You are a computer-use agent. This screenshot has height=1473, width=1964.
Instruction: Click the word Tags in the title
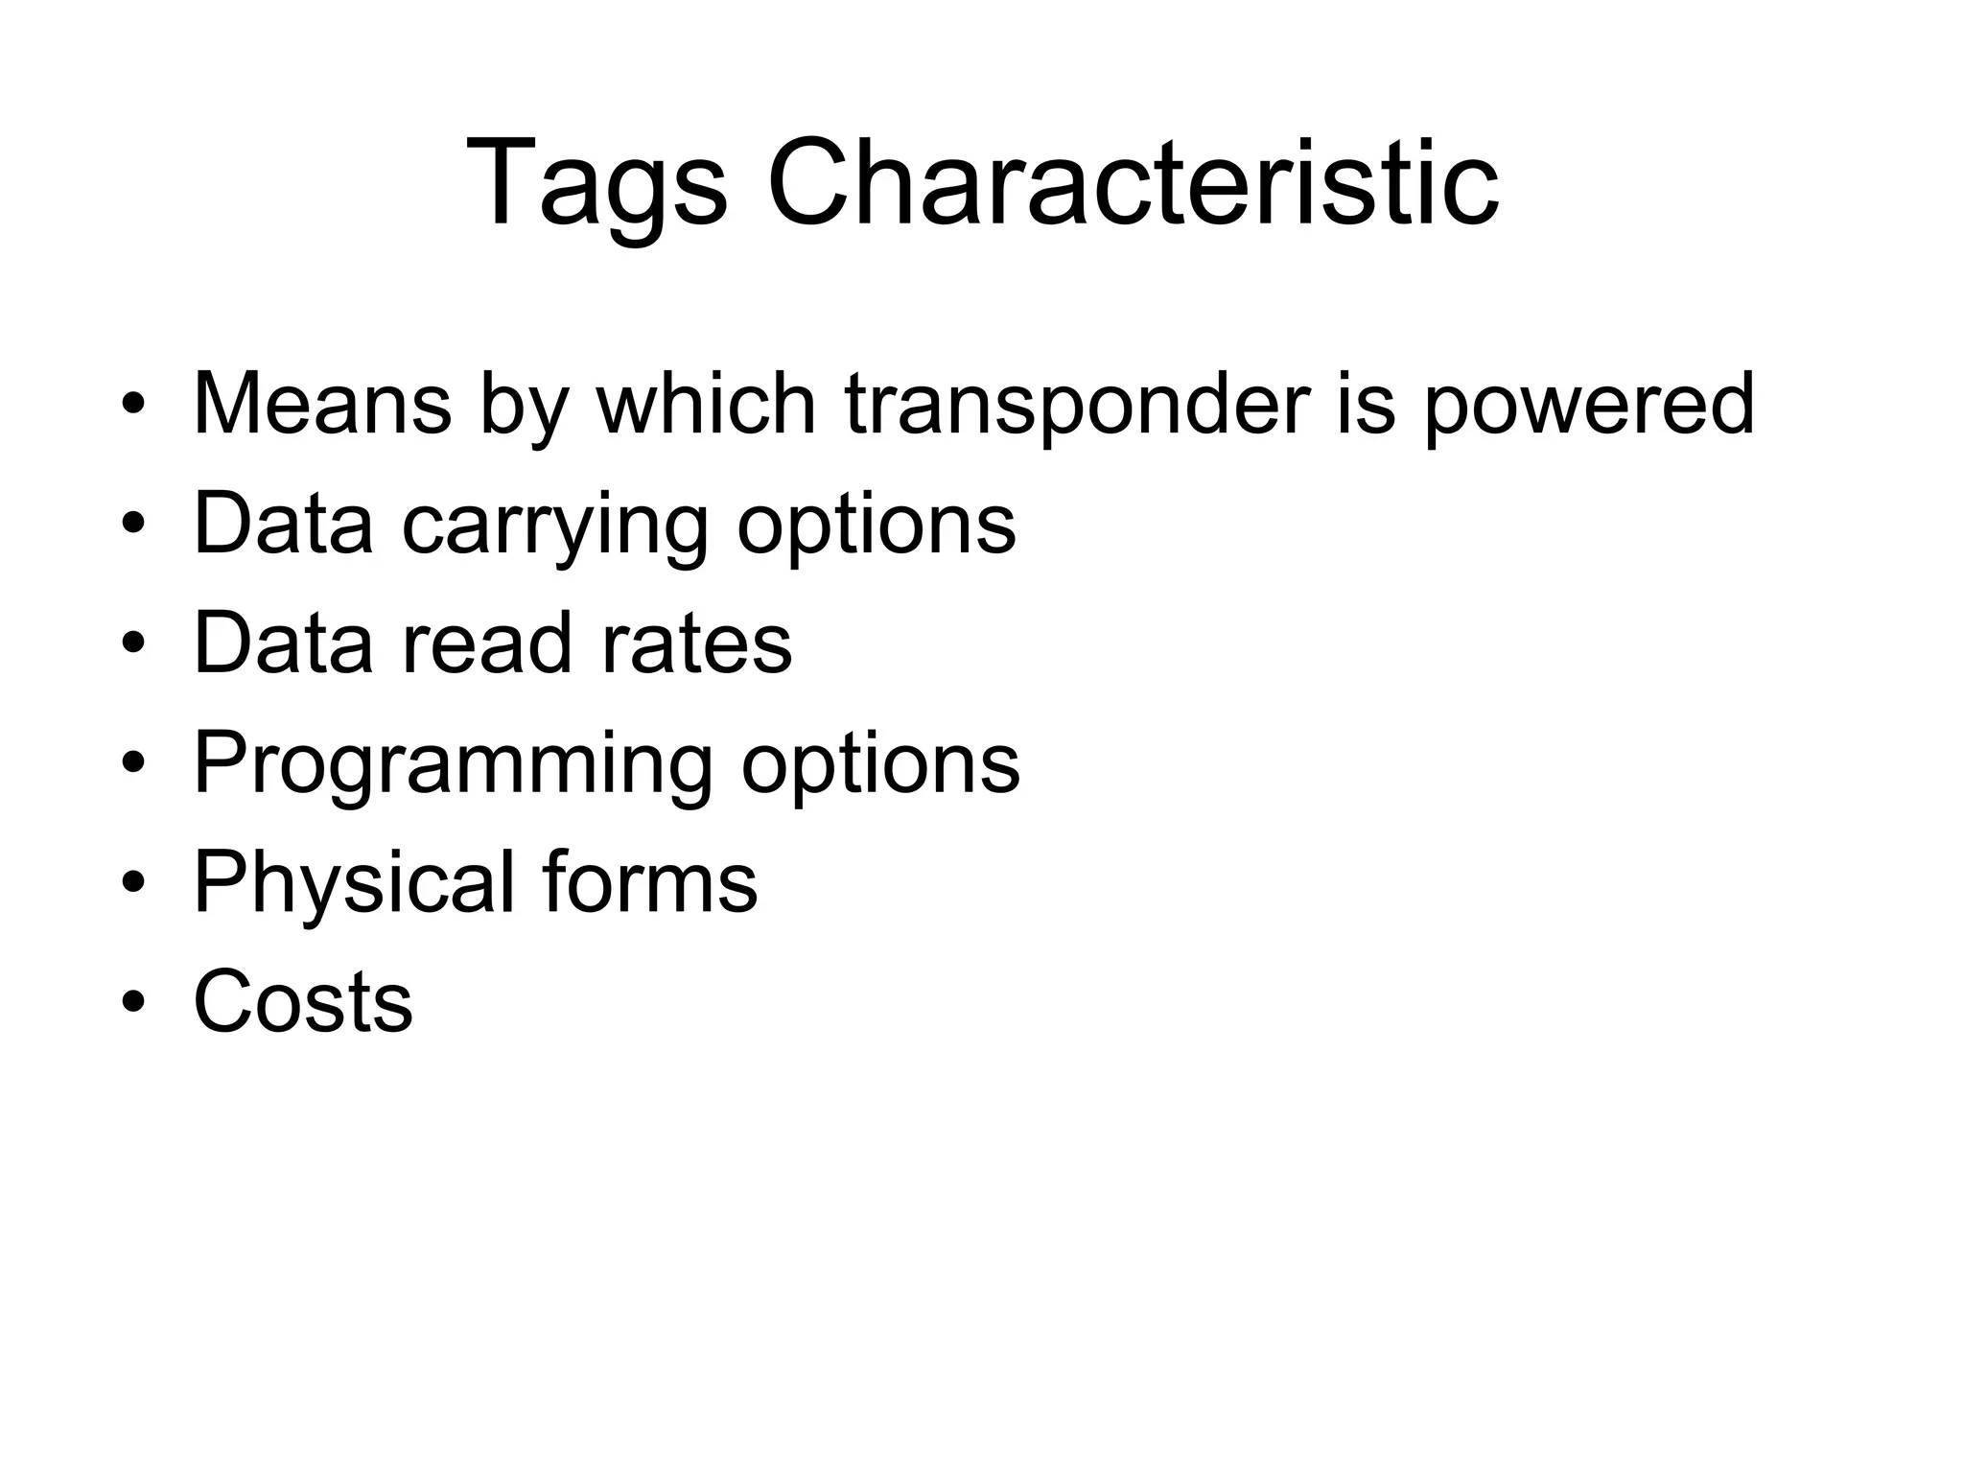596,184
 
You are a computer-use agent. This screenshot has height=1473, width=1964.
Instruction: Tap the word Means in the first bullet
322,404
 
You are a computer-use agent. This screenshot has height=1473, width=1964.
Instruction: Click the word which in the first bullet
706,404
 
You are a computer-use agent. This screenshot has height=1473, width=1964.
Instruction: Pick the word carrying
554,526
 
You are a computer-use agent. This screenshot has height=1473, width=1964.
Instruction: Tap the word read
485,643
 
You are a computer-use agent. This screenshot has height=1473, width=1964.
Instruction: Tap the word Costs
303,1002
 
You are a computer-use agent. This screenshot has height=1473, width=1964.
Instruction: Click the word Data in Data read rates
283,643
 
